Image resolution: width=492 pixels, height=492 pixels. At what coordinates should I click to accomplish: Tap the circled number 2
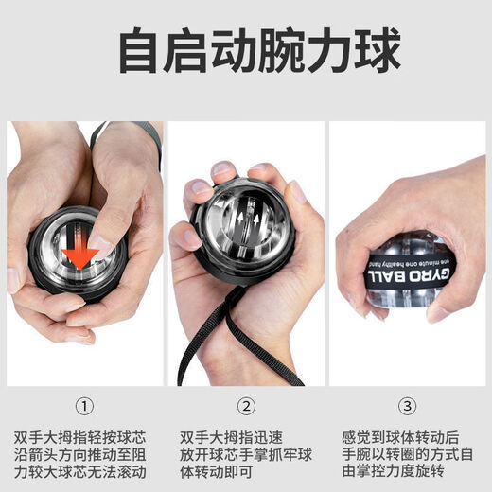(x=246, y=407)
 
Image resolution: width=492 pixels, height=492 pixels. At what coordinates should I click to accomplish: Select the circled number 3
(x=408, y=407)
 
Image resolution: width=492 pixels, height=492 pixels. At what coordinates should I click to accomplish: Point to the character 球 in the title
(x=373, y=52)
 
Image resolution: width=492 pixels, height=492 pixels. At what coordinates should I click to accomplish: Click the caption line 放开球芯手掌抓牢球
(x=246, y=455)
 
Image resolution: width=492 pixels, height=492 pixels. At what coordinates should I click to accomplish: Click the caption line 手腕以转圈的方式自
(x=408, y=455)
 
